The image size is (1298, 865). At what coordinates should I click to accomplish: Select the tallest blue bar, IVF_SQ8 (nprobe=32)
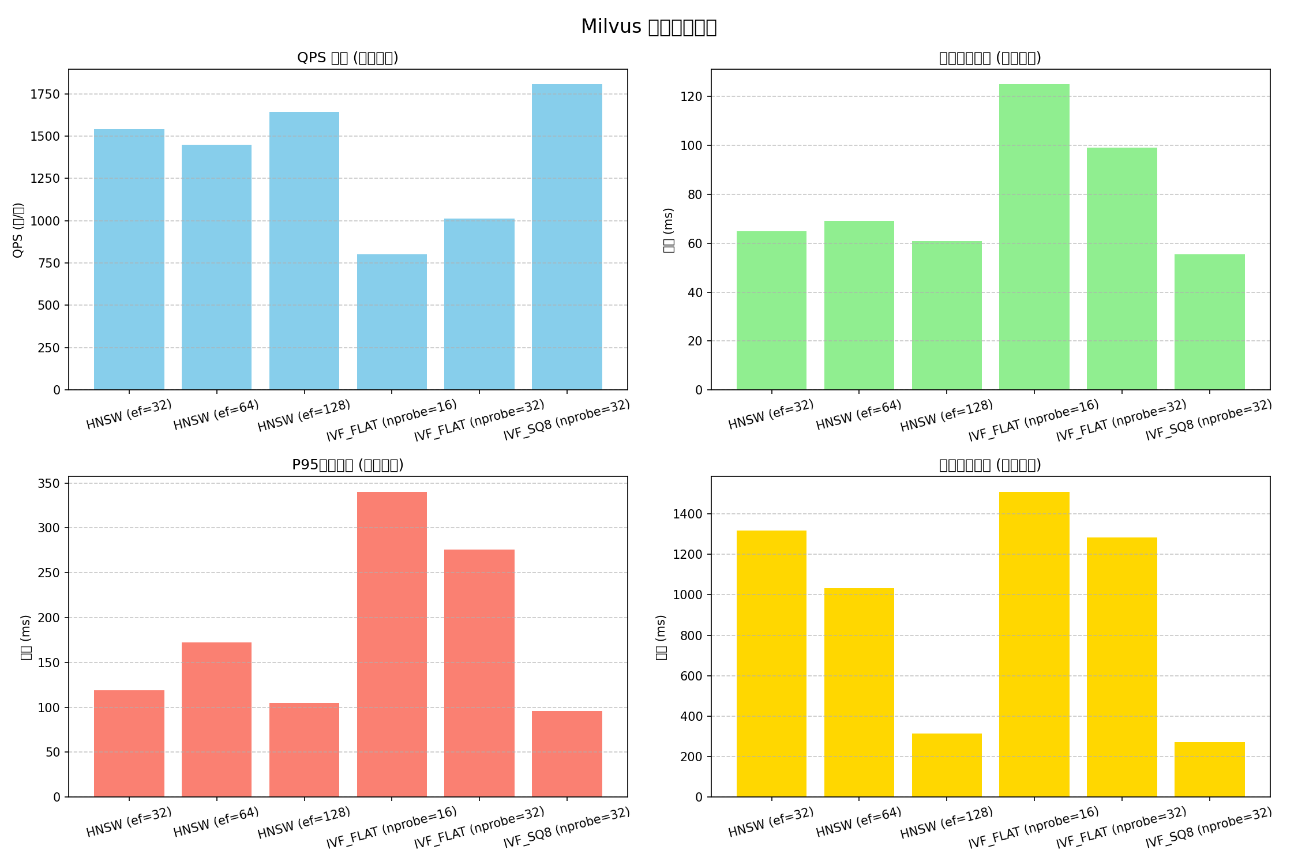click(x=567, y=237)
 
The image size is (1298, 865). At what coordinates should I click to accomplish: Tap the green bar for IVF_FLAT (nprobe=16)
click(x=1034, y=237)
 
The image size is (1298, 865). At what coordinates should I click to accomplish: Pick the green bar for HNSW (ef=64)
click(x=859, y=305)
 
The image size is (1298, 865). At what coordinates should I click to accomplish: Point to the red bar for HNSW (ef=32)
click(x=129, y=743)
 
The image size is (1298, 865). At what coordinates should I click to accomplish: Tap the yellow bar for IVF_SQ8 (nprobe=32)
click(x=1209, y=769)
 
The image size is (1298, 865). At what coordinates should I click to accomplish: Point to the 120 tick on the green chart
click(x=691, y=96)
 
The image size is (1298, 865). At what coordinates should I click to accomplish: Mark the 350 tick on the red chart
click(x=49, y=483)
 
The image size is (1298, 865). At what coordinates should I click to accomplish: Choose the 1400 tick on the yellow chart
click(x=688, y=514)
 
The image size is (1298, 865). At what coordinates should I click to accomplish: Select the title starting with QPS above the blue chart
click(x=347, y=58)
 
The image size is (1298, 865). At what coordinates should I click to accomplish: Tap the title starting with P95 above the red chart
click(x=347, y=465)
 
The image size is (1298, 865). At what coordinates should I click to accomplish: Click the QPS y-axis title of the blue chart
click(x=18, y=230)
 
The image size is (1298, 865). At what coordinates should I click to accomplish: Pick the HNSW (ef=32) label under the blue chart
click(x=129, y=415)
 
